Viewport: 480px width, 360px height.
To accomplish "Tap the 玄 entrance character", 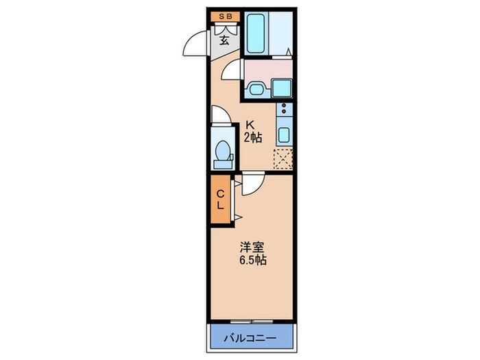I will point(224,39).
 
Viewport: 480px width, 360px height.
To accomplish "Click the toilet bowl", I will point(223,152).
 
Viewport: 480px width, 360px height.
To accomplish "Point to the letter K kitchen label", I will point(251,125).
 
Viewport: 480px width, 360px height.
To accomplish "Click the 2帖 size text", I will point(252,137).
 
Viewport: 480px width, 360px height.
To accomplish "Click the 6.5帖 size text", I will point(252,261).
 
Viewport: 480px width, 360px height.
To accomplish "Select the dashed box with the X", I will point(283,158).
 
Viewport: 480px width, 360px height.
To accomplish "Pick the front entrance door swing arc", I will point(197,45).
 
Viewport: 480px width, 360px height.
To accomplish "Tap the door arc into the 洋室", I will point(250,182).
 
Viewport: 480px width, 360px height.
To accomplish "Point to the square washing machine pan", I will point(283,88).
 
